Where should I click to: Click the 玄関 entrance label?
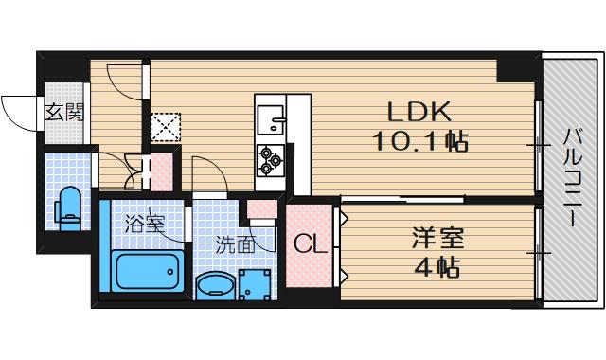(63, 112)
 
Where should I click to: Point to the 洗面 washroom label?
(234, 243)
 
